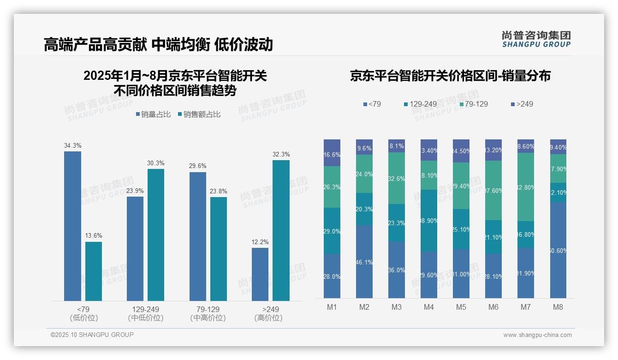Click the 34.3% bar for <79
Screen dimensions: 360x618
(x=72, y=226)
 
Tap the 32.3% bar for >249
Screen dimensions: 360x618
(x=281, y=231)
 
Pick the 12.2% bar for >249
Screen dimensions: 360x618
(x=260, y=275)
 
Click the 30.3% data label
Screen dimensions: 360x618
(x=156, y=163)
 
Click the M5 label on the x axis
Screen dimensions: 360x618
(x=461, y=307)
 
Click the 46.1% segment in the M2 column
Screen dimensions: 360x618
(x=364, y=262)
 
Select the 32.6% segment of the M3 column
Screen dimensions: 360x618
(x=397, y=178)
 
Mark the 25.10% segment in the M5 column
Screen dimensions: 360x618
(x=461, y=229)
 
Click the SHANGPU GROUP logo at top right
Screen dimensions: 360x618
(x=536, y=39)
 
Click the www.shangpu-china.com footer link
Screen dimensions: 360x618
(x=537, y=335)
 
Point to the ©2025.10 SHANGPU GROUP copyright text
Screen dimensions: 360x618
(x=92, y=335)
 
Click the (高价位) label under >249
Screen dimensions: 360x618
(x=268, y=318)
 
